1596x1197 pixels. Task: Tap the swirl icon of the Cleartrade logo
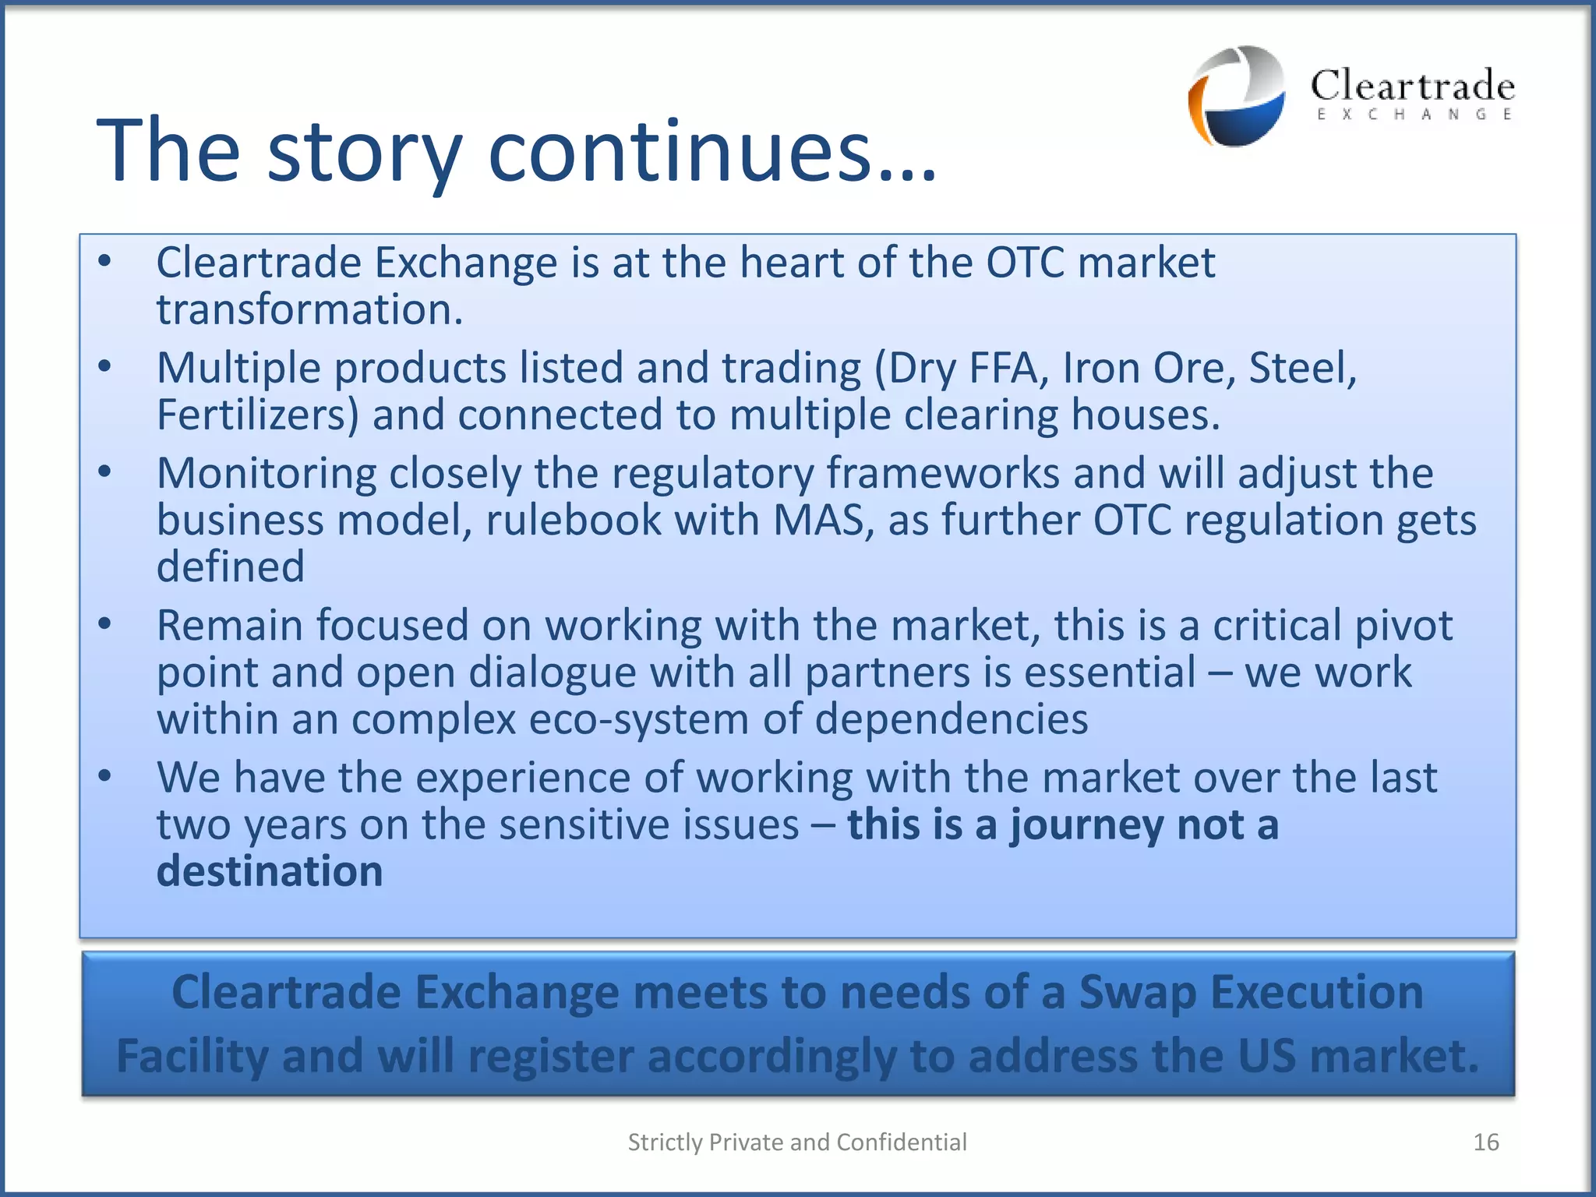click(x=1237, y=96)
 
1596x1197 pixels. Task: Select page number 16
click(x=1485, y=1142)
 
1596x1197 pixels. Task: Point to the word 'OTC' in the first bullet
click(x=1025, y=263)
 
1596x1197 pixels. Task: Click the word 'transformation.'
click(x=310, y=310)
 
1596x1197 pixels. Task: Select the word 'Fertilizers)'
click(x=258, y=415)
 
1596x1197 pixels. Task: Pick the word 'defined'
click(x=231, y=567)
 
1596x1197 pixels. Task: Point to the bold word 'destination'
click(x=270, y=871)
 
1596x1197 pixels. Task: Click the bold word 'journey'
click(x=1087, y=825)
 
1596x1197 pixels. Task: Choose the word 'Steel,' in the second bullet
click(x=1302, y=368)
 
